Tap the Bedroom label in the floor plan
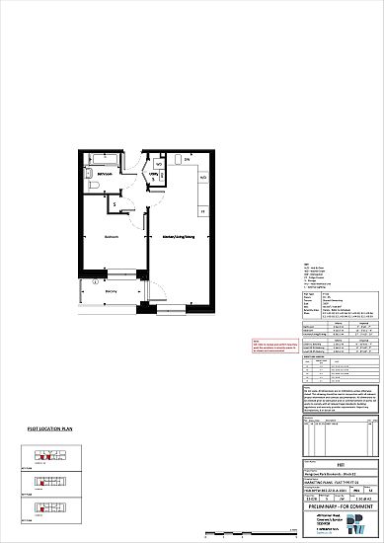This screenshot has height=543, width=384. (113, 237)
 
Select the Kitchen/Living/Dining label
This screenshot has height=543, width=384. (173, 237)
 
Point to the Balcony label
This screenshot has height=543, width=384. (111, 290)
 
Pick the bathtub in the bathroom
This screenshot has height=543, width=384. (101, 158)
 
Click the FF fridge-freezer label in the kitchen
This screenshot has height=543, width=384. (201, 211)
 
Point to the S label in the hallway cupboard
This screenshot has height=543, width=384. (115, 204)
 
